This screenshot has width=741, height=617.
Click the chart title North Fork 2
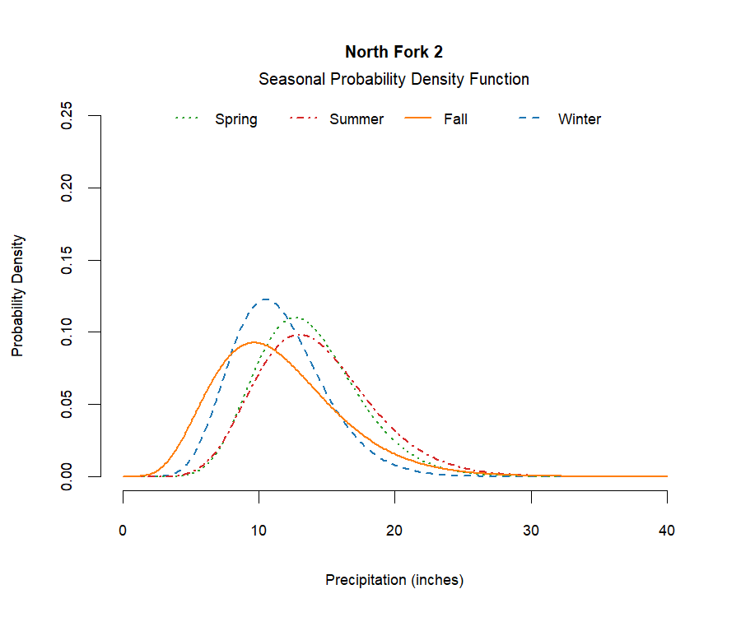(x=394, y=52)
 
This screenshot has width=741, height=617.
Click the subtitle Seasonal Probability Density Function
(x=394, y=80)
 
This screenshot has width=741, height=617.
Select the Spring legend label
(x=235, y=119)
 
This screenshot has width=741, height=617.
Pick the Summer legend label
(x=356, y=119)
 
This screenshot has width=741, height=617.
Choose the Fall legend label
(x=455, y=119)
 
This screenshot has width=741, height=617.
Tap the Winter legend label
(x=579, y=119)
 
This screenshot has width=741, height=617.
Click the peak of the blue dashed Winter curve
(x=266, y=299)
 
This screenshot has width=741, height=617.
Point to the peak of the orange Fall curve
(x=254, y=342)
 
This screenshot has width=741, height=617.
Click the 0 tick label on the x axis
(x=123, y=531)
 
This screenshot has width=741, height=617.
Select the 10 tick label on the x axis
(x=259, y=531)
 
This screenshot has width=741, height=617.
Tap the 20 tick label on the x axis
(x=395, y=531)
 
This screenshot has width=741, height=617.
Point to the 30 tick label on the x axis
(x=531, y=531)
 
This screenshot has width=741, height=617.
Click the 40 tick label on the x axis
(x=667, y=531)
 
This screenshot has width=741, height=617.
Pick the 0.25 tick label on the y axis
(x=68, y=116)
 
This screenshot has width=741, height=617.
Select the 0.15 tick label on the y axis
(x=68, y=260)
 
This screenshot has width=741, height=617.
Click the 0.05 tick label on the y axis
(x=68, y=404)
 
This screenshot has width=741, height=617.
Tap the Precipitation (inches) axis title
(x=394, y=580)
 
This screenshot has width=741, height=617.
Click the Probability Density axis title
(x=18, y=296)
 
